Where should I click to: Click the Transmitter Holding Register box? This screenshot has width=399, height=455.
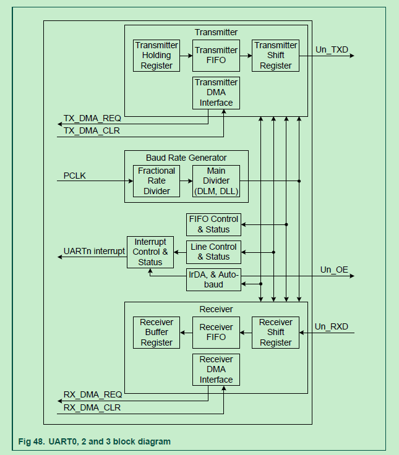157,55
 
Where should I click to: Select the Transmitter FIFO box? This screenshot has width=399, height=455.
216,55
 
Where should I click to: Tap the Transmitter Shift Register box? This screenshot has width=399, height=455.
275,55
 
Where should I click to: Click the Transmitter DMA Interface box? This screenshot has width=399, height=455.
216,92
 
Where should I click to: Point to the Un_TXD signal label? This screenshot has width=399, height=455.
332,49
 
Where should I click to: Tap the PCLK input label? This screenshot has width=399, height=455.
75,176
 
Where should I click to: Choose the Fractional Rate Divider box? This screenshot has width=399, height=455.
157,181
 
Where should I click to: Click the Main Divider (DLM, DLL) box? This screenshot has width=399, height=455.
216,181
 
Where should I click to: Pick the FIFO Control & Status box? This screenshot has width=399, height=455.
213,224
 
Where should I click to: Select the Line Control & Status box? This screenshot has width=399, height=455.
213,252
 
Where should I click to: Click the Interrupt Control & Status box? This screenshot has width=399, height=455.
150,252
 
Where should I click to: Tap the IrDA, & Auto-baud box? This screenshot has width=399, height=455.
213,279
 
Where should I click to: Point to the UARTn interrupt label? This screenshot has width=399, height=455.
94,252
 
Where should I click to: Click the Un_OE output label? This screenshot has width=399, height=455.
334,270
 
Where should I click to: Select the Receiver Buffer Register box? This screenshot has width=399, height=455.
157,332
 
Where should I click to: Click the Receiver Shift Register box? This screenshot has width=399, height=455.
275,332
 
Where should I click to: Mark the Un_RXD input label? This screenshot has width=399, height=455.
332,326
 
